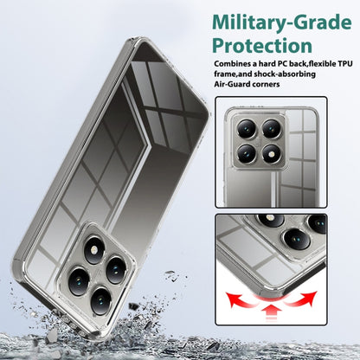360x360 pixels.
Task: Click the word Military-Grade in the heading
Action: pyautogui.click(x=282, y=22)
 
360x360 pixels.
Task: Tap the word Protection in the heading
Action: pyautogui.click(x=262, y=45)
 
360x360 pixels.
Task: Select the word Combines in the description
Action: pyautogui.click(x=231, y=63)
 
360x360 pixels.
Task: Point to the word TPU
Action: pyautogui.click(x=345, y=63)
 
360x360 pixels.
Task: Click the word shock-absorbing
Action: pyautogui.click(x=285, y=74)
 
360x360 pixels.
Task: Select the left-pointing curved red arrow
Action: pyautogui.click(x=241, y=299)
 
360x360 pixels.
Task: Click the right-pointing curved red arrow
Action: pyautogui.click(x=301, y=299)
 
